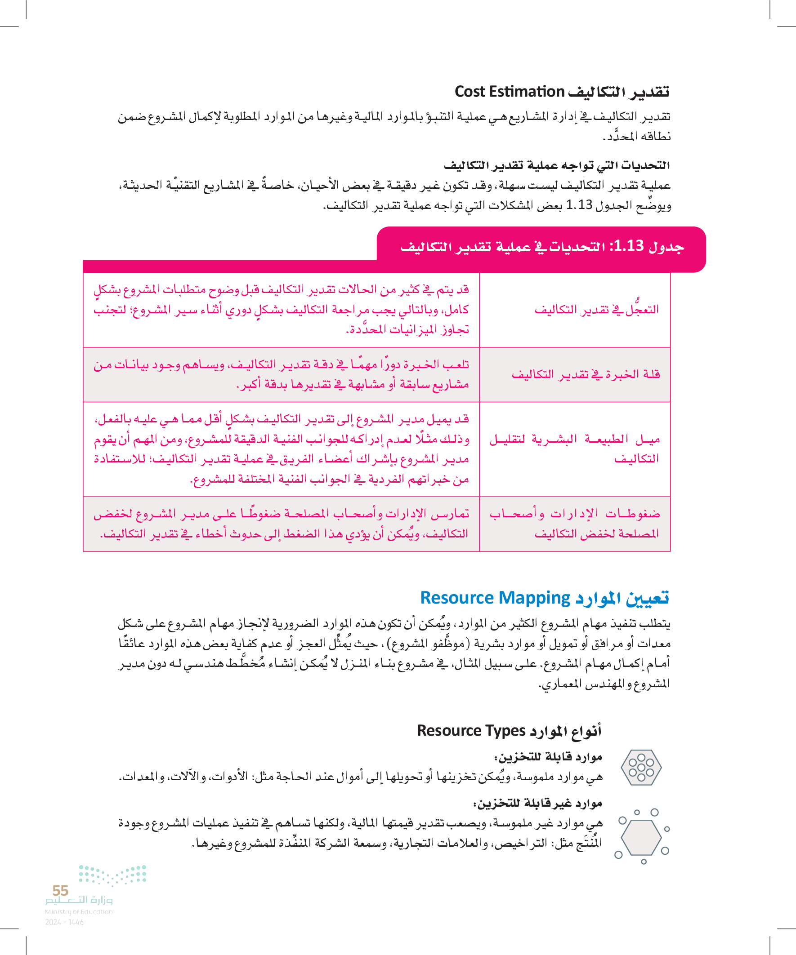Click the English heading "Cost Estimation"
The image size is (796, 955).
pos(509,92)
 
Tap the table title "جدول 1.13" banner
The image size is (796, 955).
pos(541,247)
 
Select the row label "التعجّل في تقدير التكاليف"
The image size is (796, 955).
pos(596,310)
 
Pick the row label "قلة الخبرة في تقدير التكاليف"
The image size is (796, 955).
pos(586,374)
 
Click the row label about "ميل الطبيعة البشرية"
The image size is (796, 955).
pos(575,449)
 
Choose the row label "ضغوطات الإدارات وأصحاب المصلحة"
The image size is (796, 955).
pos(575,524)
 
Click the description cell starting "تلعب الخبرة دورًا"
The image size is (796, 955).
pos(281,374)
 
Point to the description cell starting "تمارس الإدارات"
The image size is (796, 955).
pos(281,524)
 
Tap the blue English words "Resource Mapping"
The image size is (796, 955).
pos(495,598)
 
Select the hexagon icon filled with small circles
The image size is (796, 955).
pos(641,768)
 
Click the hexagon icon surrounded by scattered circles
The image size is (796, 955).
pos(641,838)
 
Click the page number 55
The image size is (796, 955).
pos(60,890)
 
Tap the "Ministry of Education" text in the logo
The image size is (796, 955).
pos(79,912)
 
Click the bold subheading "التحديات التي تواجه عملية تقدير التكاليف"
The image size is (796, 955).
pos(557,165)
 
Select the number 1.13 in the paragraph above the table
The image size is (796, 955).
pos(579,205)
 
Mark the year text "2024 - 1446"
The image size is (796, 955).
pos(64,922)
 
